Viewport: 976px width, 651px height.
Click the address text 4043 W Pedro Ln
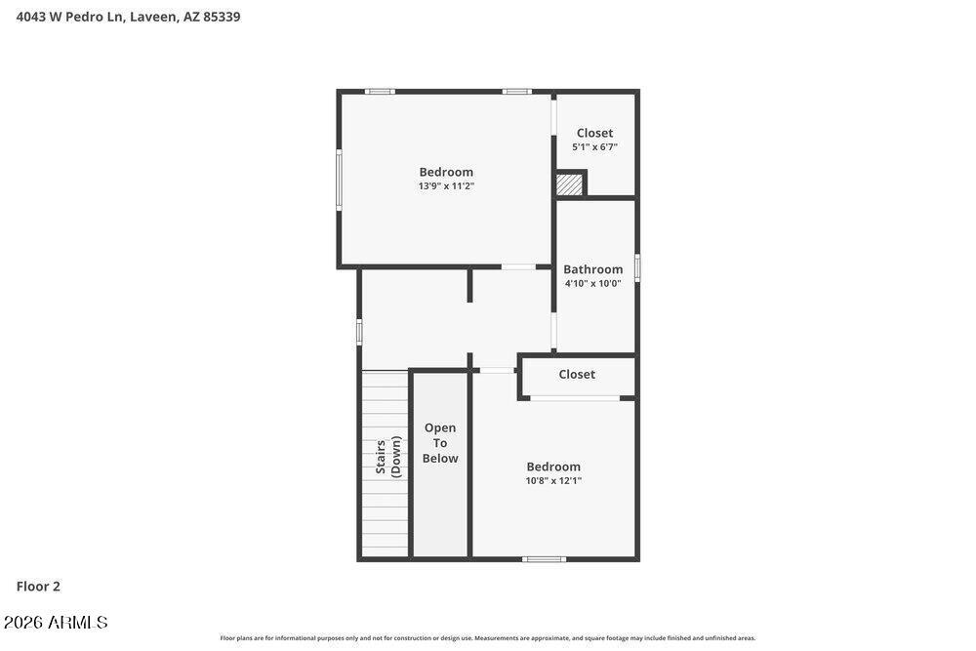click(x=71, y=17)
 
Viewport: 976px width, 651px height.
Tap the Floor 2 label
click(x=38, y=587)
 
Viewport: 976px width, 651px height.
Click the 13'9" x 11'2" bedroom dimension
click(x=446, y=186)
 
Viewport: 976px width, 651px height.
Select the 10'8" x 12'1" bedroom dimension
click(x=553, y=480)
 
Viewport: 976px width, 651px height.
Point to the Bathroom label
click(x=593, y=269)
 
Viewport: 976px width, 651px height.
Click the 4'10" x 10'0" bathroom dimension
click(x=593, y=284)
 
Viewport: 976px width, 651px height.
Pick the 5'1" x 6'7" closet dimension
click(x=595, y=147)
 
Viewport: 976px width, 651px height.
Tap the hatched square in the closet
click(x=569, y=184)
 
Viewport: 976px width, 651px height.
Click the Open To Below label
click(x=440, y=443)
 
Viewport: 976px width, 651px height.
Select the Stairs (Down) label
click(x=388, y=457)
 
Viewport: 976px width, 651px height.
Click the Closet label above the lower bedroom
click(x=577, y=374)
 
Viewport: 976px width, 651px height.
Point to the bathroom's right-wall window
click(x=636, y=267)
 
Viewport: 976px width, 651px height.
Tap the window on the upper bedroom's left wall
click(x=340, y=180)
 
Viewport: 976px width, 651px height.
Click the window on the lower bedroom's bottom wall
click(x=544, y=559)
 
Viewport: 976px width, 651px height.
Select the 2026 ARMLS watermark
click(x=56, y=623)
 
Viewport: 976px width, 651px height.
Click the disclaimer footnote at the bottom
click(x=487, y=638)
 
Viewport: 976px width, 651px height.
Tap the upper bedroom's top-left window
click(x=380, y=92)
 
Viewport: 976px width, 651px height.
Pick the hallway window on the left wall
click(x=359, y=332)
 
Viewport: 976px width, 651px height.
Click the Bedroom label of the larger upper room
click(x=446, y=173)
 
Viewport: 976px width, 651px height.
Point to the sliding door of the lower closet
click(x=575, y=397)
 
